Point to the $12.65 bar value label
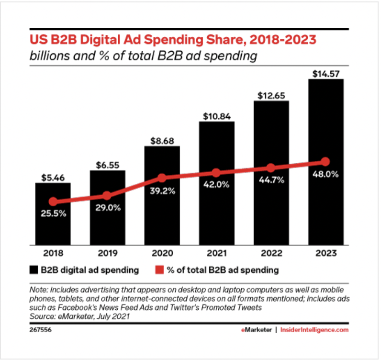point(270,95)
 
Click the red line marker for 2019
point(107,195)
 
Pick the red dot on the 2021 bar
point(216,173)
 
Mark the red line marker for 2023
point(325,161)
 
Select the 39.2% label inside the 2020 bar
point(162,191)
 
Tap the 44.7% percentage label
point(271,180)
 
